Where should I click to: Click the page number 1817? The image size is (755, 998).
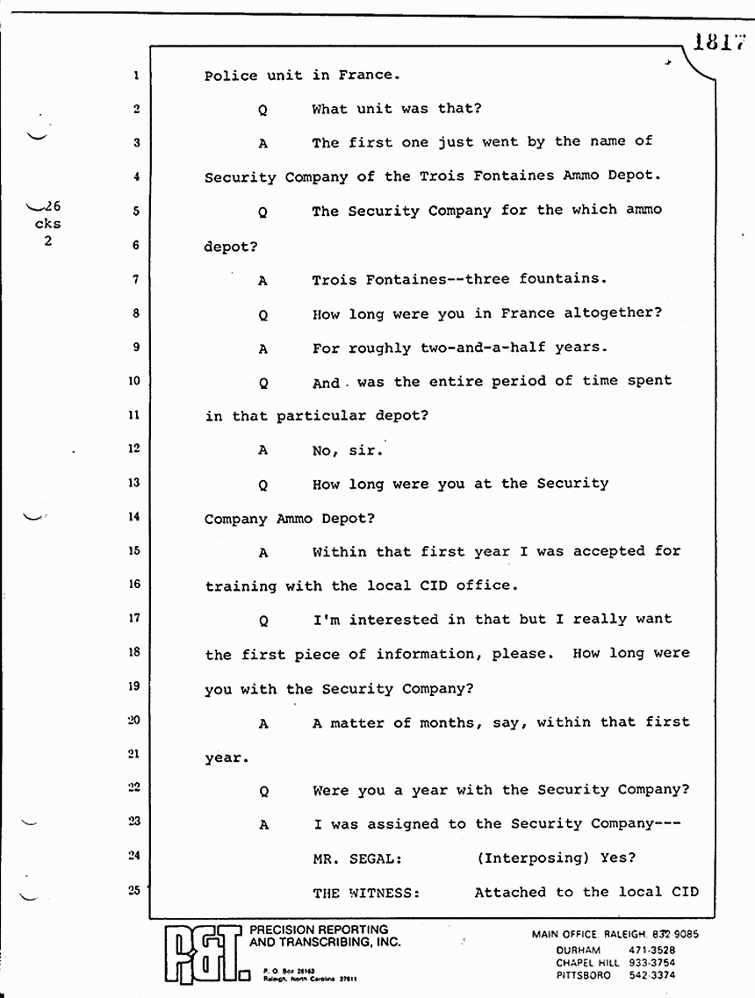[717, 41]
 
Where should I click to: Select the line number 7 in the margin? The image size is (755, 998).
[136, 279]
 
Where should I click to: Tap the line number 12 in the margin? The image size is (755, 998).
[134, 449]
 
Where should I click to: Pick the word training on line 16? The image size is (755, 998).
[241, 585]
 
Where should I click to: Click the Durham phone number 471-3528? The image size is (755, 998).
[651, 951]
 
